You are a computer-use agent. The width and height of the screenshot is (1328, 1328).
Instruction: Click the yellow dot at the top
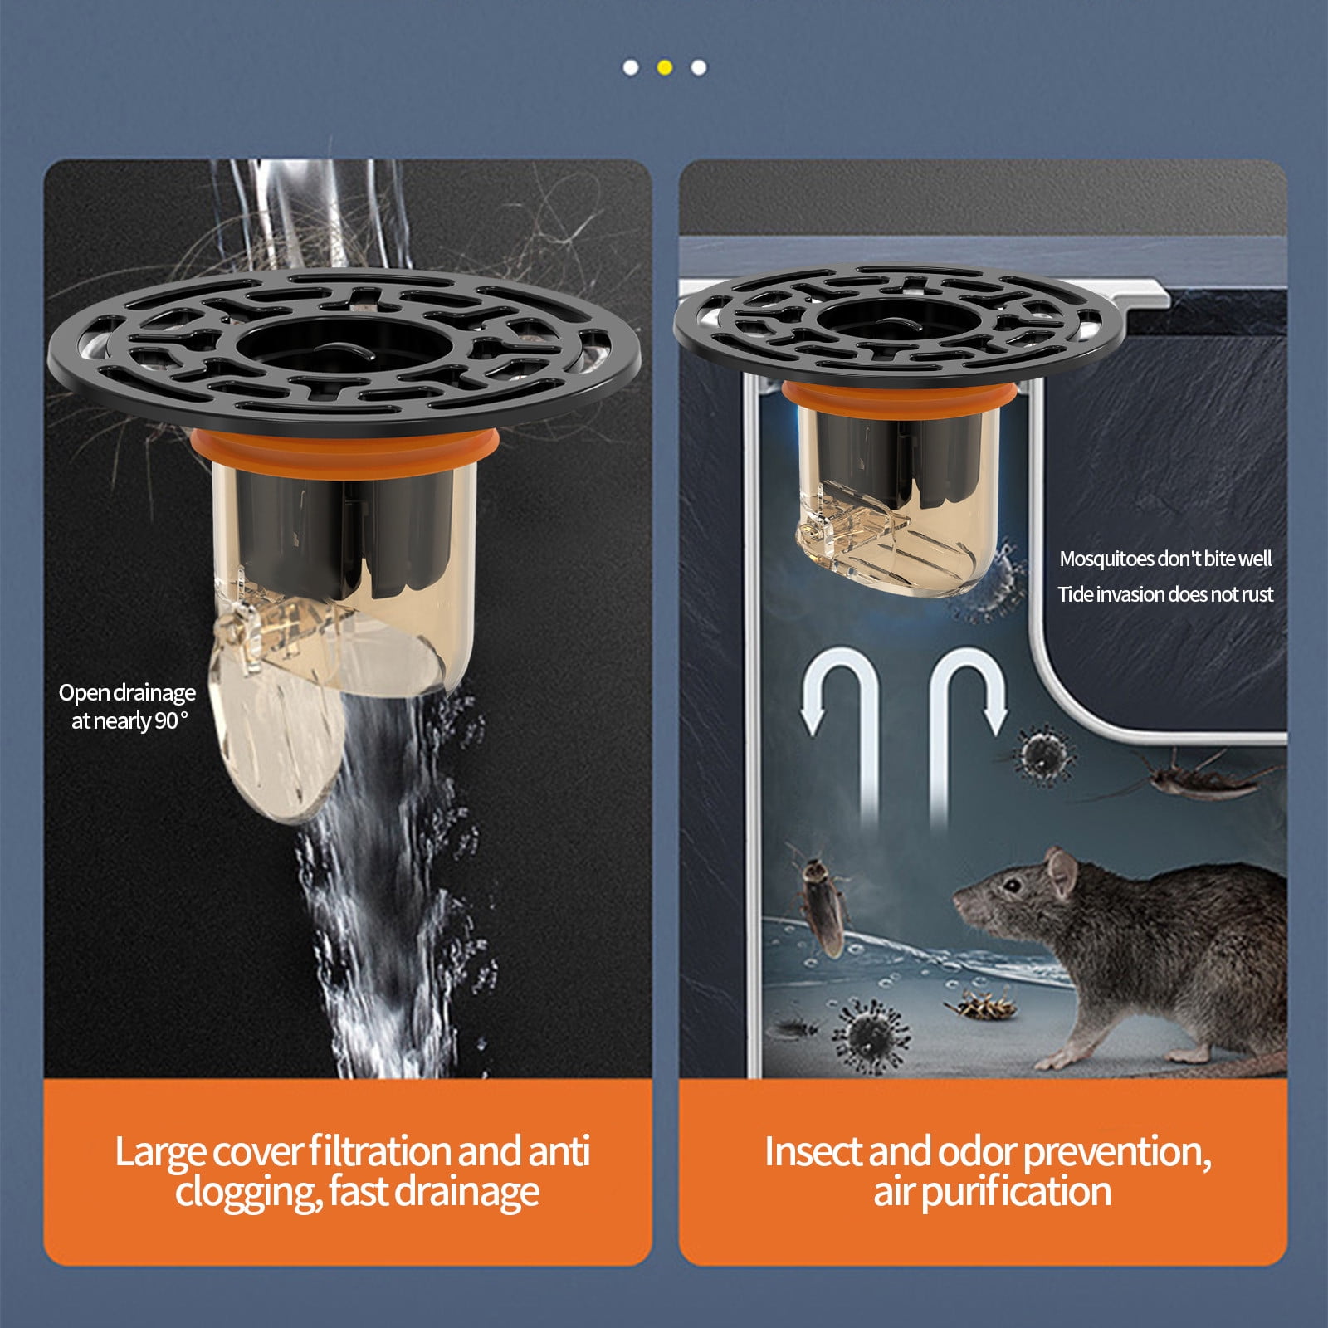pos(664,67)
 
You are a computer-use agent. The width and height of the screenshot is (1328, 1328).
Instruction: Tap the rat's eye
pos(1012,885)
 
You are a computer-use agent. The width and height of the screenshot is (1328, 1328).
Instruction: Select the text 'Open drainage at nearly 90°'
pos(127,706)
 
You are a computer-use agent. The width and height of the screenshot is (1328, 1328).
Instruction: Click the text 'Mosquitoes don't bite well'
pos(1165,559)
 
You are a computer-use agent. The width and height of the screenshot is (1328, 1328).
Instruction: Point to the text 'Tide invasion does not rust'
pos(1165,594)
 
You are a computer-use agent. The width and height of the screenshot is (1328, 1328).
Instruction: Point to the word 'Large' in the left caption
pos(159,1151)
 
